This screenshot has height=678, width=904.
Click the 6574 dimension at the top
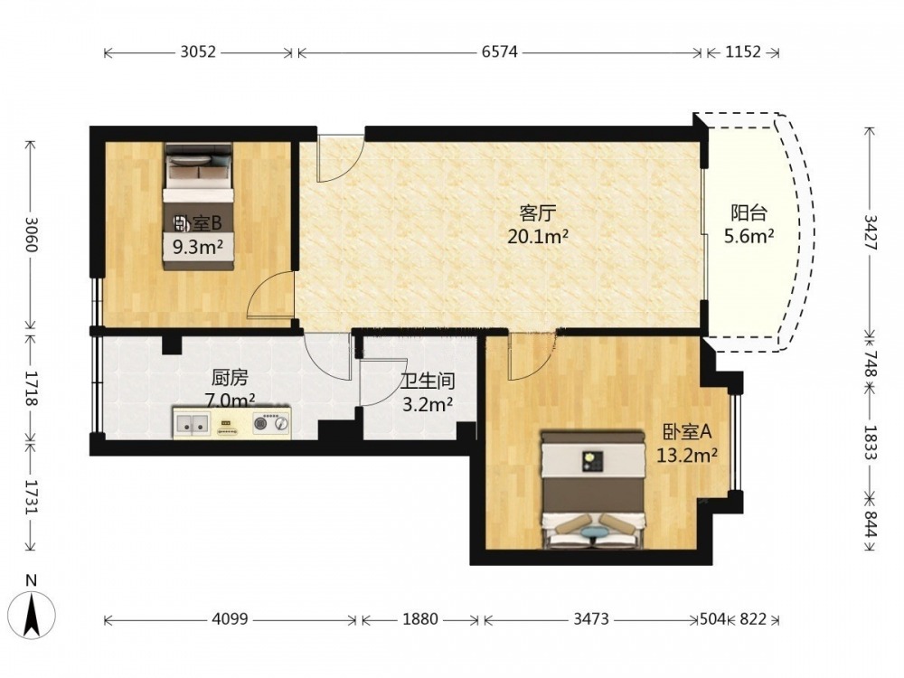(x=499, y=52)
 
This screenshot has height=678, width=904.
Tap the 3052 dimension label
(x=198, y=52)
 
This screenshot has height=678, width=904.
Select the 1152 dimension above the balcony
(x=742, y=52)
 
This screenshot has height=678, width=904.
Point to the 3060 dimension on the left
(x=31, y=235)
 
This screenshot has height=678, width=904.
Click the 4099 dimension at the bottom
(x=230, y=619)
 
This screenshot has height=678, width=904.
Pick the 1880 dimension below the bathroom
(x=419, y=619)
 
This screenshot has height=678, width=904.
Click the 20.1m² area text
(x=537, y=236)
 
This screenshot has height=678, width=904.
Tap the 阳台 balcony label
(x=749, y=212)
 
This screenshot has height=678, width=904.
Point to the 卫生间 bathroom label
(x=428, y=381)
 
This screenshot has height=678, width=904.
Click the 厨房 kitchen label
(x=230, y=378)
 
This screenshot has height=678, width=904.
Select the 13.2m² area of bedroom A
(x=687, y=456)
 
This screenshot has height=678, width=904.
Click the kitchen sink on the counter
(x=193, y=425)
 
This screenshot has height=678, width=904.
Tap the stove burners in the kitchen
(x=271, y=424)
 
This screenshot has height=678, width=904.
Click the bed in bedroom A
(x=593, y=490)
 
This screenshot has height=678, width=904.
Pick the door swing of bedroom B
(x=270, y=294)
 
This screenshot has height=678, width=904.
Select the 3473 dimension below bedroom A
(x=591, y=619)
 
